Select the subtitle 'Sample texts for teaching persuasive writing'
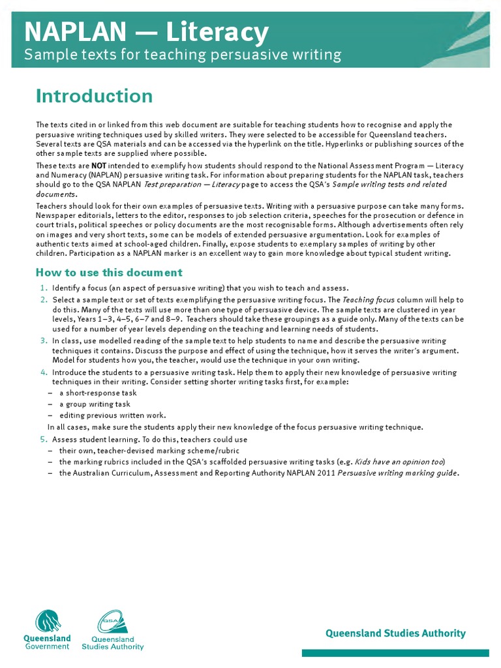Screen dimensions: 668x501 tap(183, 55)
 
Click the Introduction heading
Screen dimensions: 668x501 tap(95, 97)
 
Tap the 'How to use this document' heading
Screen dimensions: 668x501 tap(109, 273)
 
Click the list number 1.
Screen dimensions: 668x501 tap(43, 288)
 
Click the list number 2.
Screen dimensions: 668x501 tap(43, 299)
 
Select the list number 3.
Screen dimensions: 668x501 tap(43, 341)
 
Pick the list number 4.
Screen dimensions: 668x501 tap(43, 372)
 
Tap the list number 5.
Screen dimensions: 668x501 tap(43, 440)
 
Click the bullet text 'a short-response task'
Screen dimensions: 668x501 tap(98, 393)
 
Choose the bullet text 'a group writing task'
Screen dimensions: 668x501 tap(95, 404)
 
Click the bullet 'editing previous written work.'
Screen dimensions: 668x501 tap(112, 416)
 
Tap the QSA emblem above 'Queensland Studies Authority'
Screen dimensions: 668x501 tap(112, 621)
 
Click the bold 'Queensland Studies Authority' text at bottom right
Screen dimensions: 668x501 tap(395, 633)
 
